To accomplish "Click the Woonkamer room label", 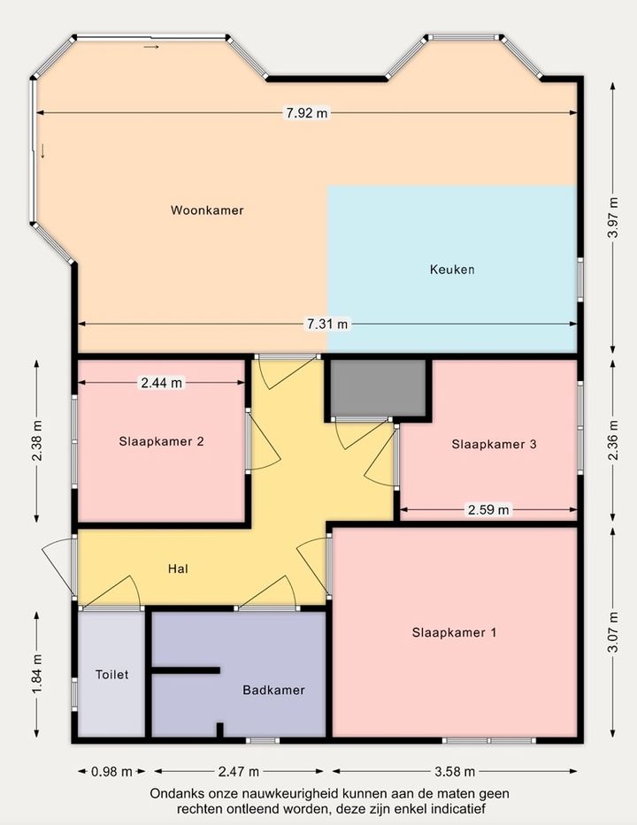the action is tap(207, 210).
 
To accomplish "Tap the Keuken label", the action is tap(452, 270).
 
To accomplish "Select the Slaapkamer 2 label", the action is tap(161, 441).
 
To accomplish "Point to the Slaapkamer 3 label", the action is tap(494, 444).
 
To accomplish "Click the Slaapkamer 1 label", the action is tap(454, 632).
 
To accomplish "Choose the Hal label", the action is tap(178, 569).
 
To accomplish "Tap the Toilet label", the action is tap(111, 675).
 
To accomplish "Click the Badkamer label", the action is tap(273, 690).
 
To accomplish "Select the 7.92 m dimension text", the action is tap(306, 112).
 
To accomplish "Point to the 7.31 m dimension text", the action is tap(327, 324).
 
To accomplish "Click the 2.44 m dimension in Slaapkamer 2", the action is tap(162, 383).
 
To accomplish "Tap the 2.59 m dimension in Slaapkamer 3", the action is tap(488, 509).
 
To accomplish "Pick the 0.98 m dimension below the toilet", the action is tap(111, 772).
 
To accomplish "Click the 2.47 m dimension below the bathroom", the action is tap(239, 772).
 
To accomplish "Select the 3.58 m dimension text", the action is tap(455, 772).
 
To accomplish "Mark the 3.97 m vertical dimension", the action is tap(613, 218).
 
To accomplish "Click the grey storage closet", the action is tap(378, 388).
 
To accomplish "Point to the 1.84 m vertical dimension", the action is tap(36, 674).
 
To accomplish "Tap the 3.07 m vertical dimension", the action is tap(613, 632).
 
